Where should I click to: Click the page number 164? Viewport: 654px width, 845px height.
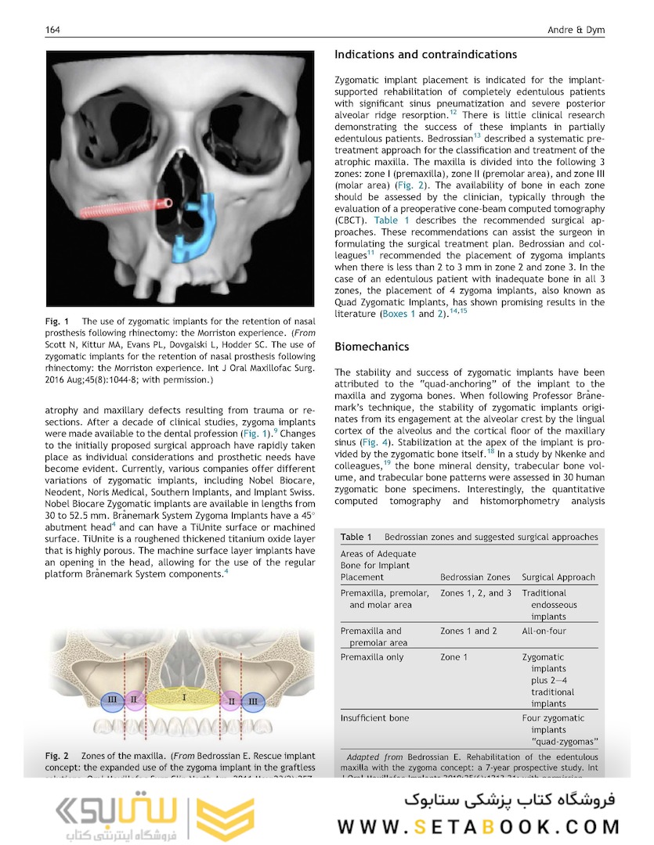click(x=53, y=30)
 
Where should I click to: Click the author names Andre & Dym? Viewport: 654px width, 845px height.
click(x=577, y=30)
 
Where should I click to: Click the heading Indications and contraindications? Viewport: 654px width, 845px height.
click(x=425, y=55)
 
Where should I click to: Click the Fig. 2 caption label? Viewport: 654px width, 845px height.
click(x=56, y=756)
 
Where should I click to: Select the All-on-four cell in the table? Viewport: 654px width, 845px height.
click(x=544, y=631)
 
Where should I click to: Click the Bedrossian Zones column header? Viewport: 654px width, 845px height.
click(x=475, y=577)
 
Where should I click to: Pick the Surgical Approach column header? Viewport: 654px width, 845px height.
click(x=558, y=577)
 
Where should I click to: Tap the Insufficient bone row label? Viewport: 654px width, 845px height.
click(x=374, y=717)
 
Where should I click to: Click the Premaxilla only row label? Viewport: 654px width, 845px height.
click(x=372, y=657)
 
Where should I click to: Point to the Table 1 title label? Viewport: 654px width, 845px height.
click(x=356, y=537)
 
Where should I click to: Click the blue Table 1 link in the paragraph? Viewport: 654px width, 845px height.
click(x=392, y=221)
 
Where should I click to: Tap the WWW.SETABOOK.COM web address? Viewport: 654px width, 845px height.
click(x=479, y=826)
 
